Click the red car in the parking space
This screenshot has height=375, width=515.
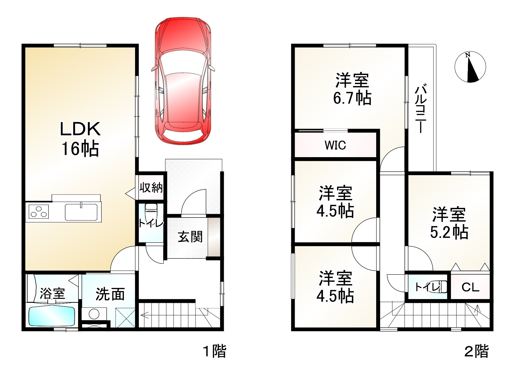(183, 81)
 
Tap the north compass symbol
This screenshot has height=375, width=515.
(470, 67)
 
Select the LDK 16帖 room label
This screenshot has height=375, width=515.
(80, 139)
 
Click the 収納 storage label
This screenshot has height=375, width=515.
(151, 187)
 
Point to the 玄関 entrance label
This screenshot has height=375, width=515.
(190, 236)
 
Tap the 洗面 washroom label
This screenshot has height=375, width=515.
(110, 294)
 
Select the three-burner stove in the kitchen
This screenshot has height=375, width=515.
(39, 212)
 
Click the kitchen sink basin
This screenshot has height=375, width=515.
(81, 212)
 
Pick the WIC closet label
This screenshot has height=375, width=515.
(335, 145)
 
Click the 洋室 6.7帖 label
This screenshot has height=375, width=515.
(352, 89)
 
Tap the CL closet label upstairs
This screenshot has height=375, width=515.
(470, 287)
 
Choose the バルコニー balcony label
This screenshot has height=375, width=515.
(421, 108)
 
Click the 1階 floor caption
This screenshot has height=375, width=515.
(214, 351)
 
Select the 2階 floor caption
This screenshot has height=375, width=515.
(477, 351)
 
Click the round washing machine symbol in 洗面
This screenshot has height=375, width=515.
(94, 314)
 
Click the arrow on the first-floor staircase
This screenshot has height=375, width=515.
(144, 315)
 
